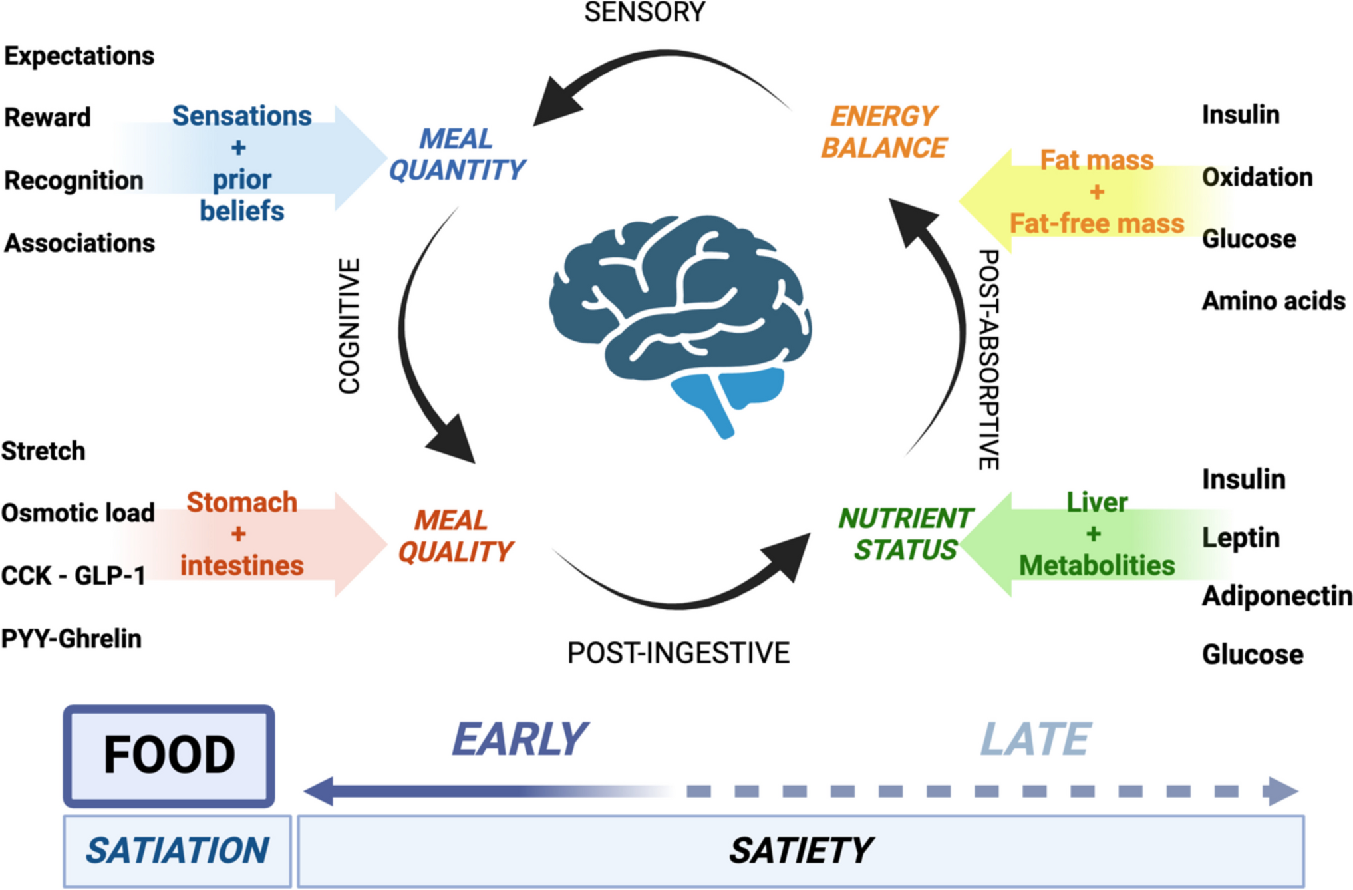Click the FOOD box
coord(169,756)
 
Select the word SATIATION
coord(177,851)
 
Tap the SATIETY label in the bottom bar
coord(800,851)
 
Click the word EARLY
coord(520,739)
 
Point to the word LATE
coord(1035,739)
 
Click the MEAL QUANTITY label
coord(457,154)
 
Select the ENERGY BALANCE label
coord(883,132)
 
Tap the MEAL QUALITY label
coord(455,536)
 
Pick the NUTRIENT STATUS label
coord(905,534)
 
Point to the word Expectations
coord(79,56)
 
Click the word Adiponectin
coord(1277,596)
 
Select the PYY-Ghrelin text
coord(71,639)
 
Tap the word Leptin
coord(1241,537)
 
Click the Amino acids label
coord(1273,301)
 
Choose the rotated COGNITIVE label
coord(349,326)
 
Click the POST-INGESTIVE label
coord(678,653)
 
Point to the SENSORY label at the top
coord(645,12)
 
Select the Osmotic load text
coord(78,513)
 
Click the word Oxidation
coord(1257,178)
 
